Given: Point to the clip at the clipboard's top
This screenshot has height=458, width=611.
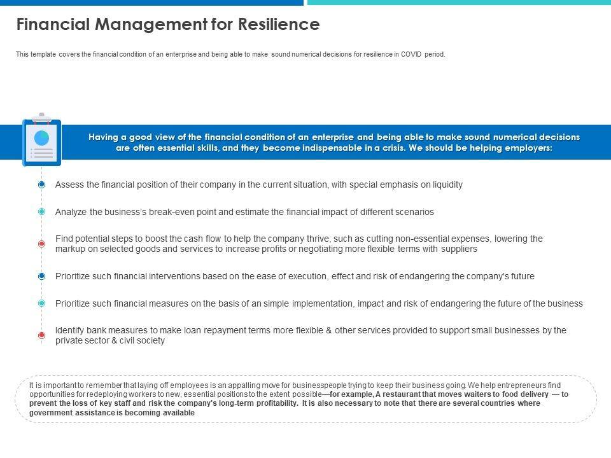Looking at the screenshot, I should [x=42, y=117].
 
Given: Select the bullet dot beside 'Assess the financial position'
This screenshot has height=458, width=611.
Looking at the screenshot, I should [x=42, y=184].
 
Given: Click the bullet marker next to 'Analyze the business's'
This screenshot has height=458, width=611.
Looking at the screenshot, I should [x=42, y=211].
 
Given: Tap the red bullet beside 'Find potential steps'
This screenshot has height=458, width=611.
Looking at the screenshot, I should [x=42, y=244].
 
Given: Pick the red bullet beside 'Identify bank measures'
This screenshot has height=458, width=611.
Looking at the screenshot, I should [x=42, y=335].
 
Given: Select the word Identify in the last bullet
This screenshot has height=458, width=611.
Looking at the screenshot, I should [x=70, y=330].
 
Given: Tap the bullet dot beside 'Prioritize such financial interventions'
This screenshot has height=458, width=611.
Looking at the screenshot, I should [x=42, y=276].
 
